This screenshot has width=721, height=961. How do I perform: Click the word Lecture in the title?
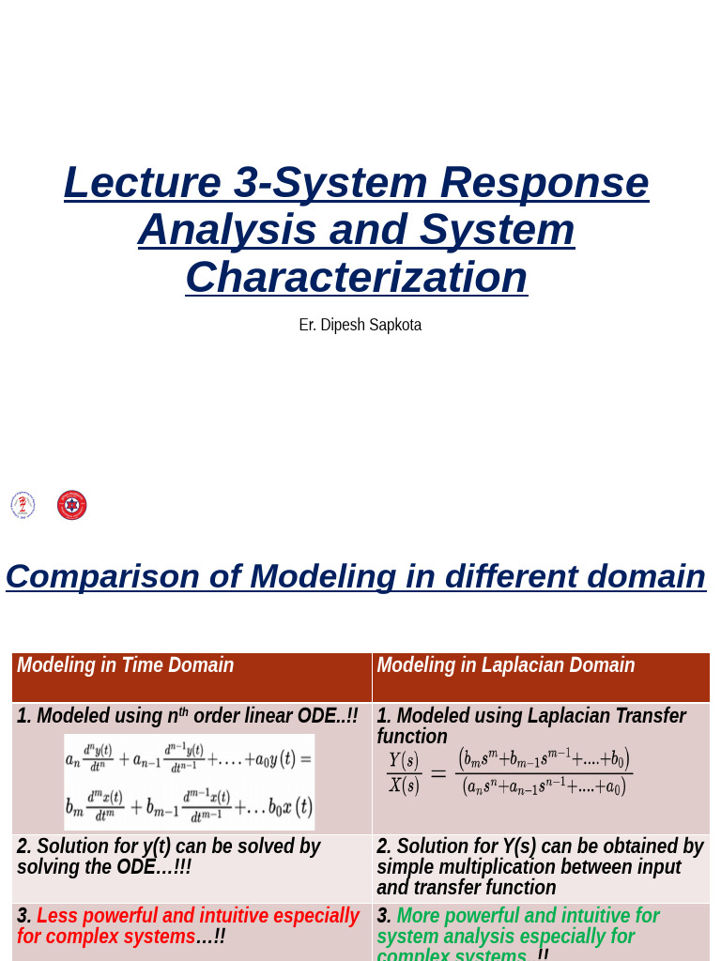[142, 183]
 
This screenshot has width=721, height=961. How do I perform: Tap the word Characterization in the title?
[356, 278]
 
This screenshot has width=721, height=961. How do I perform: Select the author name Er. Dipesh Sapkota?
[360, 325]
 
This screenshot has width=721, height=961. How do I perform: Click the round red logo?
[72, 505]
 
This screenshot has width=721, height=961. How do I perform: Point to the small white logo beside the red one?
[23, 505]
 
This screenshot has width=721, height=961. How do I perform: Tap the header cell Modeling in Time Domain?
[125, 665]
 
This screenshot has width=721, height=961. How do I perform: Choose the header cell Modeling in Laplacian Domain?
[505, 665]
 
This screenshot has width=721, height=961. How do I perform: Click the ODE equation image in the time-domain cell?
[189, 782]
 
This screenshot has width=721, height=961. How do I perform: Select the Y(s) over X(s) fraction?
[404, 772]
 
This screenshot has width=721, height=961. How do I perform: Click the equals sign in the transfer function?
[438, 773]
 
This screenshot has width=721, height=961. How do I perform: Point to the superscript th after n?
[183, 712]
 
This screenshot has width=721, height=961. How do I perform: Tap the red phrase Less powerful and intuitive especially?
[197, 916]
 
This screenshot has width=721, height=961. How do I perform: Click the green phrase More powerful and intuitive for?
[528, 916]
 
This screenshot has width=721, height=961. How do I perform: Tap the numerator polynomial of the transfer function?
[544, 758]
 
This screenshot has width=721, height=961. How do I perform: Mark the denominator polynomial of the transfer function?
[544, 787]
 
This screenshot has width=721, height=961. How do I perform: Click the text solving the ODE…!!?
[103, 867]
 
